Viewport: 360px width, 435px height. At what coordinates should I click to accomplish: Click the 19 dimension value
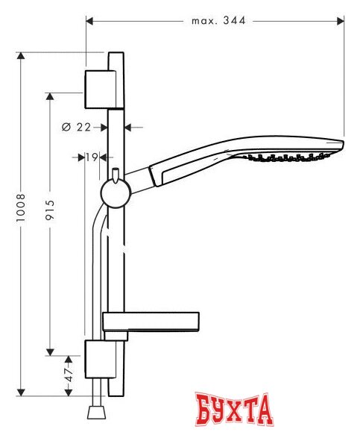point(92,157)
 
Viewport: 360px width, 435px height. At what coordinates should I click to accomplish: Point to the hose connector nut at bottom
point(95,413)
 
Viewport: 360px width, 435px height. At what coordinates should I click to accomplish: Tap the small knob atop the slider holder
point(116,175)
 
